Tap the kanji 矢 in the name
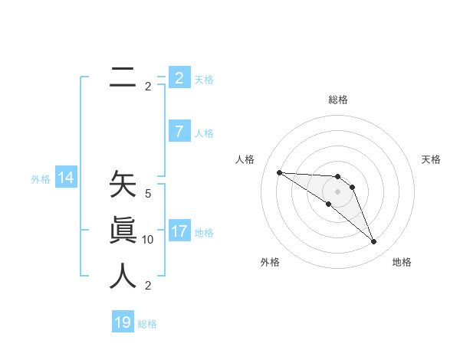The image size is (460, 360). coord(123,186)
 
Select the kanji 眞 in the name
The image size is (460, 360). coord(123,231)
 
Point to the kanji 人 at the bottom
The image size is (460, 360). coord(123,276)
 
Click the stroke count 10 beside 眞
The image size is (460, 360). coord(148,240)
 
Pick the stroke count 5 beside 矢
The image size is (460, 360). coord(148,195)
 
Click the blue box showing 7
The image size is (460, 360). coord(179,132)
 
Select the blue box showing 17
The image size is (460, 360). coord(179,231)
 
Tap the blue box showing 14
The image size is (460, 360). coord(66,178)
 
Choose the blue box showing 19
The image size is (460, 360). coord(123,322)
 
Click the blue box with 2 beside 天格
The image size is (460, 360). coord(179,78)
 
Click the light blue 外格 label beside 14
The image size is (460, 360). coord(41,179)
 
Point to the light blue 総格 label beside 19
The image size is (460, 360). coord(147,324)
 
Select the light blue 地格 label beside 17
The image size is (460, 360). coord(205,232)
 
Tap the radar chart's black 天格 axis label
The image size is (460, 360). coord(431,159)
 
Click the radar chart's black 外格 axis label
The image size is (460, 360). coord(270,262)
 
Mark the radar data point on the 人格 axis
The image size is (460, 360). coord(279,172)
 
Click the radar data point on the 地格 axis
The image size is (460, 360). coord(374,242)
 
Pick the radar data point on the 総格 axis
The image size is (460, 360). coord(338,177)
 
